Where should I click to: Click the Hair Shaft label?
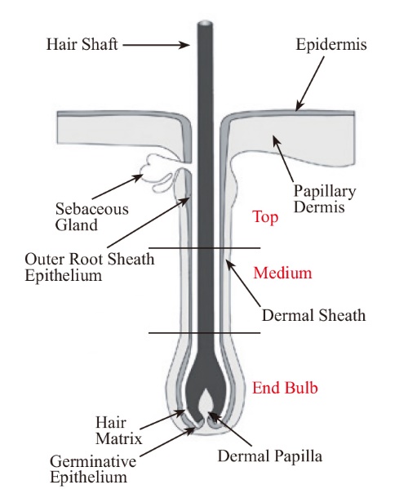point(82,44)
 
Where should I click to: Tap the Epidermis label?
point(331,44)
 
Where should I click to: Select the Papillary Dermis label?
point(324,199)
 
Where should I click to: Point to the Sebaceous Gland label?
point(91,217)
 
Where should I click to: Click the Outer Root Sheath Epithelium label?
point(90,267)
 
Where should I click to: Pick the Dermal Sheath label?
point(313,315)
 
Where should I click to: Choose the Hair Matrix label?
point(119,431)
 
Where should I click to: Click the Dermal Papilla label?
point(270,456)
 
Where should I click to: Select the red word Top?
point(265,217)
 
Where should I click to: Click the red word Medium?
point(282,273)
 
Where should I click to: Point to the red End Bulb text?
point(285,388)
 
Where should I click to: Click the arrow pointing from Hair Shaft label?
point(156,45)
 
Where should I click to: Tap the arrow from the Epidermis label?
point(310,84)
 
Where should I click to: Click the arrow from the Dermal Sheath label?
point(242,282)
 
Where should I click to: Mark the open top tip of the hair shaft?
point(205,24)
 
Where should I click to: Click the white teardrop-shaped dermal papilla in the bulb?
point(206,400)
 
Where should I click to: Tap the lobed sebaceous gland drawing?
point(159,173)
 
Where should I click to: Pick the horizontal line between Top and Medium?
point(205,247)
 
